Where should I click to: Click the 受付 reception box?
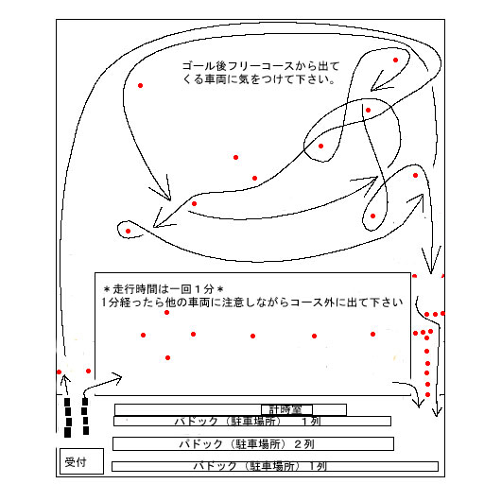pos(81,461)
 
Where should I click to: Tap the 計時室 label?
pos(286,409)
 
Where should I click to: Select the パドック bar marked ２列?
pos(253,443)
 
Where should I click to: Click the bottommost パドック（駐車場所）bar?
pos(275,466)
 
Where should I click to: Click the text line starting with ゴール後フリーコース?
pos(261,66)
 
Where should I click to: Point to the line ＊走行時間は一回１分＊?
pos(164,288)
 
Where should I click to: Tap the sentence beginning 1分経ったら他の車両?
pos(252,302)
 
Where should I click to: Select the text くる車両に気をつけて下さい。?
pos(259,79)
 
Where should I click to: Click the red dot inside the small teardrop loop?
pos(128,231)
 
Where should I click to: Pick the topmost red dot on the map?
pos(395,60)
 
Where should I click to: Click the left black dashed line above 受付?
pos(67,418)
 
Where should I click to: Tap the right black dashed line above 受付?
pos(85,416)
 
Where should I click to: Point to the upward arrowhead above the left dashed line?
pos(65,378)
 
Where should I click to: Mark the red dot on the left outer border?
pos(59,372)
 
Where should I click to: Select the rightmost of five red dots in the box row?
pos(372,334)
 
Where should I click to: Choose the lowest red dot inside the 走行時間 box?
pos(167,357)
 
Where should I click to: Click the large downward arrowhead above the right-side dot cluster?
pos(431,262)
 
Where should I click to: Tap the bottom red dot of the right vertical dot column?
pos(427,394)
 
